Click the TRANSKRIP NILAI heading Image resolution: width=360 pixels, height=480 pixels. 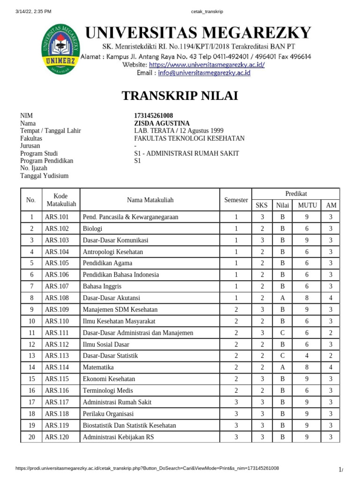[180, 96]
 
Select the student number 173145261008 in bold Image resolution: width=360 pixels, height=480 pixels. [153, 116]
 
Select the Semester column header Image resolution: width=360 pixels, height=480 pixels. [236, 200]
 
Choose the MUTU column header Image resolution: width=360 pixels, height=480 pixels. [307, 205]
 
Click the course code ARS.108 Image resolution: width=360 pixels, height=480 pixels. [57, 298]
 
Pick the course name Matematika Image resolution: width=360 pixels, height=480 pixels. [98, 367]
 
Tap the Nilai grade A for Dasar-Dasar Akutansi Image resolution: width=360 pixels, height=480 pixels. [283, 298]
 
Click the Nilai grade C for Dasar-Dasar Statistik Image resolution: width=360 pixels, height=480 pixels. [283, 355]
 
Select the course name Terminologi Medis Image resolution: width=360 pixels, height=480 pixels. [108, 390]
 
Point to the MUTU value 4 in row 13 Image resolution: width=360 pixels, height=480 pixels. [307, 355]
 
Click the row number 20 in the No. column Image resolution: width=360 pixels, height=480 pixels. [31, 437]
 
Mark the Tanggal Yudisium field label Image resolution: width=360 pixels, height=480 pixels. [44, 176]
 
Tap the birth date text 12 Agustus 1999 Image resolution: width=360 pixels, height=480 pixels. [200, 131]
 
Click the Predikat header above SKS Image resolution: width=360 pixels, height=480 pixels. [296, 194]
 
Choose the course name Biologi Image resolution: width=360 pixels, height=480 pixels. [92, 229]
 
